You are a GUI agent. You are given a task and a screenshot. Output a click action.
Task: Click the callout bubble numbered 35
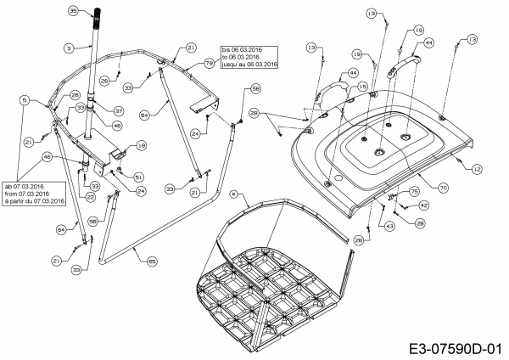pos(73,11)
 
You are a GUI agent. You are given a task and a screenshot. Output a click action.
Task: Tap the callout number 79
pos(209,64)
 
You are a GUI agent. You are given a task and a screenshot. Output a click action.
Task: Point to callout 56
pos(256,88)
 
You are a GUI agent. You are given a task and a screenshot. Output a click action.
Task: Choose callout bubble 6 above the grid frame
pos(234,194)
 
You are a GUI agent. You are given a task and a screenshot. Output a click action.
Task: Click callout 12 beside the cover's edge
pos(477,170)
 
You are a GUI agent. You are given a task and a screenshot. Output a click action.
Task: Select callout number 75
pos(414,193)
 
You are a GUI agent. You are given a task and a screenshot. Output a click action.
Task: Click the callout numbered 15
pos(362,87)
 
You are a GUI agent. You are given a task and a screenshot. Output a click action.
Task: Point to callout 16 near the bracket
pos(142,146)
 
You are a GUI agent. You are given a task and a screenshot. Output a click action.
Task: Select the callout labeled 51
pos(138,177)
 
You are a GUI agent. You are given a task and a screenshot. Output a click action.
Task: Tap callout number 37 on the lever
pos(119,110)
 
